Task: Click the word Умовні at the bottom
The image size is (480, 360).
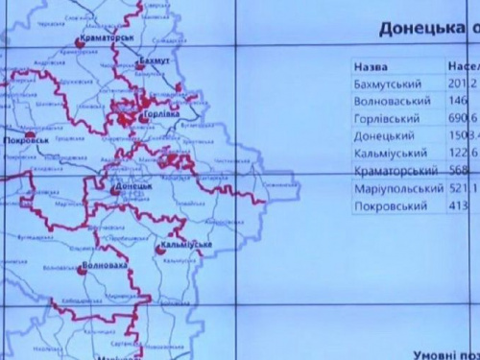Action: click(440, 353)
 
